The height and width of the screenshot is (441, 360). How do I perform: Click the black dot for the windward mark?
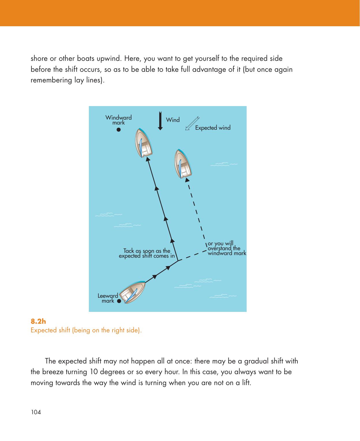[118, 129]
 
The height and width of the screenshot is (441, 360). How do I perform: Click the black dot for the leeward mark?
[119, 301]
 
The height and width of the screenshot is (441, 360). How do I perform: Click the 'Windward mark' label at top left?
[118, 120]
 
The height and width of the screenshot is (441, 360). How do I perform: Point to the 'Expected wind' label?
[213, 128]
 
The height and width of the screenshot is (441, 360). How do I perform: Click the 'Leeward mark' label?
[108, 298]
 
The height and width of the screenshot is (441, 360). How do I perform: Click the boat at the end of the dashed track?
[183, 164]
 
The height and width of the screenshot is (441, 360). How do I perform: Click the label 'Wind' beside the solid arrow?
[173, 120]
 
